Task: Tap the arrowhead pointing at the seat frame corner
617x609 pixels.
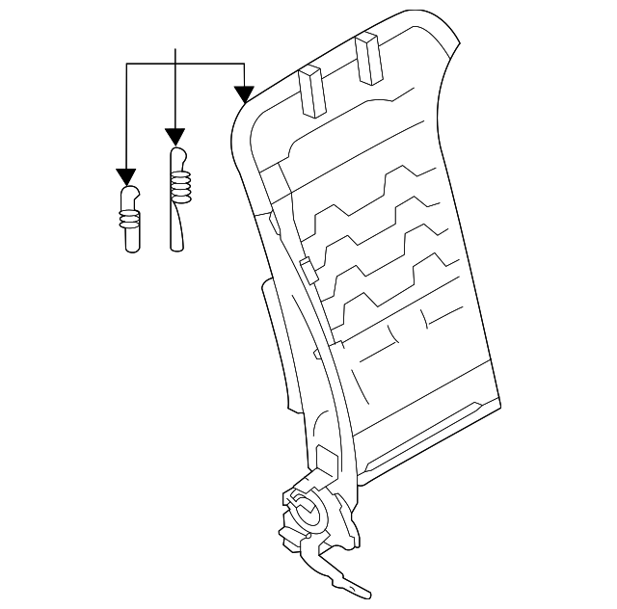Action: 244,93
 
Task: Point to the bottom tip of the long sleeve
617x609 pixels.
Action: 176,248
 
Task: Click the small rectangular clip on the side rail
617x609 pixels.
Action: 306,268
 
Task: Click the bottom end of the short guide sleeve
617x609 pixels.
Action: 131,248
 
